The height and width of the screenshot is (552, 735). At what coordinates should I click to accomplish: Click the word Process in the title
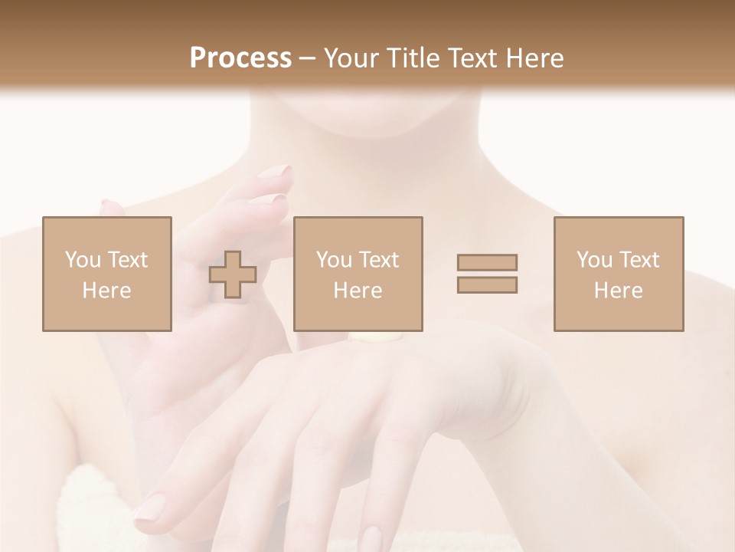click(x=240, y=58)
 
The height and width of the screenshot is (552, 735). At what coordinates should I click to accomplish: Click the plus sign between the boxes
click(x=233, y=274)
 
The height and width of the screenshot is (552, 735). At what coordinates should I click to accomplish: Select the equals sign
click(x=487, y=274)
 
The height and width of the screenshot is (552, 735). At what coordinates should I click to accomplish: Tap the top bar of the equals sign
click(x=487, y=262)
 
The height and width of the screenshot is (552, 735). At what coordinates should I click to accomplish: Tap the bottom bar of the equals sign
click(x=487, y=284)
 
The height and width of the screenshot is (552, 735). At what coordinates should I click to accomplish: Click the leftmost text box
click(x=107, y=274)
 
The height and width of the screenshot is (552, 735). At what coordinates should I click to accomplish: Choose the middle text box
click(x=358, y=274)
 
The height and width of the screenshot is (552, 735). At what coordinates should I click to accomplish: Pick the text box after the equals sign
click(x=619, y=274)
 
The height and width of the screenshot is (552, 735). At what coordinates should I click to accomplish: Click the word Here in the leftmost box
click(x=107, y=291)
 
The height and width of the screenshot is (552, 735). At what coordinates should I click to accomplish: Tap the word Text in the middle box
click(x=378, y=260)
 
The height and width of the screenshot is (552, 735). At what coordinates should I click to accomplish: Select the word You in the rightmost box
click(x=596, y=260)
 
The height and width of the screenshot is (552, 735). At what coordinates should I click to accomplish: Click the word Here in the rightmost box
click(x=619, y=291)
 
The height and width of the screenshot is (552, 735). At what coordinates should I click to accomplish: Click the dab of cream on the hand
click(x=375, y=337)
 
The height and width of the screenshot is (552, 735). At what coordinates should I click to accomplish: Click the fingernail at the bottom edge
click(x=372, y=539)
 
